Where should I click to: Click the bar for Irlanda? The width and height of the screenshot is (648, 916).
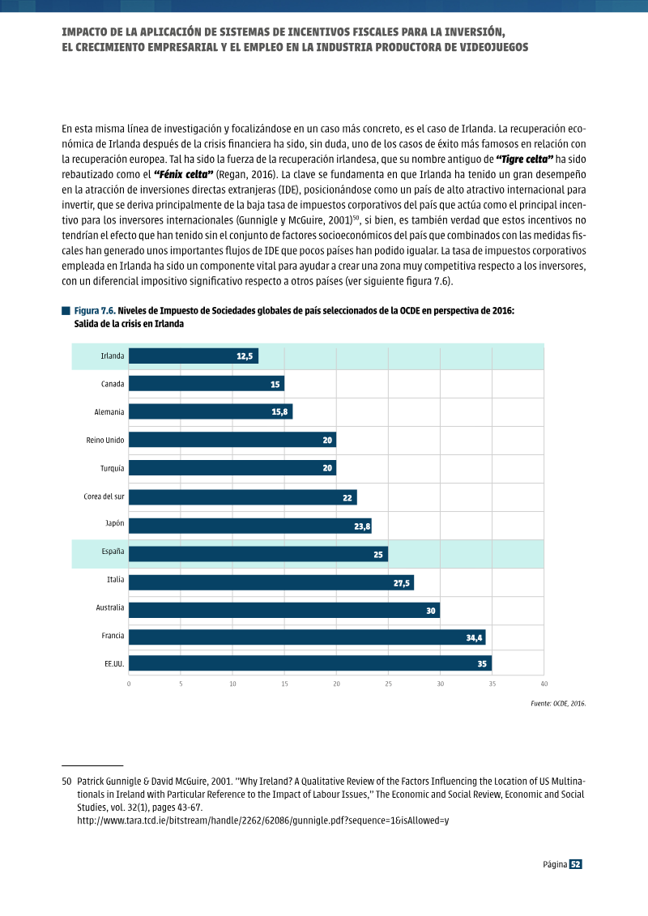[x=194, y=356]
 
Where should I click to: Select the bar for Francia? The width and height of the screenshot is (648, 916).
[x=307, y=637]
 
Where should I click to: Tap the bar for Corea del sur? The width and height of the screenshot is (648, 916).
[x=242, y=497]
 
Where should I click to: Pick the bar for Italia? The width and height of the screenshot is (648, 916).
[x=271, y=582]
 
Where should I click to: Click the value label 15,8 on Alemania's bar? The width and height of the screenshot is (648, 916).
[x=279, y=412]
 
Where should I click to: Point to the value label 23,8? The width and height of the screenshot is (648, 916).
[x=362, y=526]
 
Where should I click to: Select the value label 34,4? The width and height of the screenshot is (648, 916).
[x=474, y=638]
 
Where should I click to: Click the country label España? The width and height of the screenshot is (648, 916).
[x=113, y=551]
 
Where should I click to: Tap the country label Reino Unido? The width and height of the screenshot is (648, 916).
[x=105, y=440]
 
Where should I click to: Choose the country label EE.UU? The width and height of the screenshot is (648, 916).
[x=114, y=663]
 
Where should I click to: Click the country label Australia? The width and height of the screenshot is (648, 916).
[x=110, y=607]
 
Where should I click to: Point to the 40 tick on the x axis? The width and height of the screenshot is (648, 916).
[x=544, y=684]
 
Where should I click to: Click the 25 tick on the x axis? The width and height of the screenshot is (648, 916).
[x=389, y=684]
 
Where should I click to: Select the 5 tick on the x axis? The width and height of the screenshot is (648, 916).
[x=181, y=684]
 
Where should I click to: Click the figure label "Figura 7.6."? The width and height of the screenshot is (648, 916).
[x=95, y=311]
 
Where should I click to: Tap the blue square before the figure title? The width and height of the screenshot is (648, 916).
[x=66, y=311]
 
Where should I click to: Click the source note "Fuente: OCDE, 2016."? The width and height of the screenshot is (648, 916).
[x=558, y=703]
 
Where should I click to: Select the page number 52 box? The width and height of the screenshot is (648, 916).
[x=576, y=864]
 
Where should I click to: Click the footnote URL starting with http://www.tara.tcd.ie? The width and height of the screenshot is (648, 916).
[x=263, y=820]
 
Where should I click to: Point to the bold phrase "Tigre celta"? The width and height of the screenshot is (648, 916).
[x=524, y=159]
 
